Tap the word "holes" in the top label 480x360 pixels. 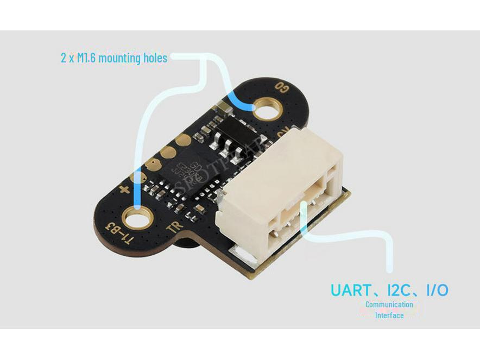coord(154,58)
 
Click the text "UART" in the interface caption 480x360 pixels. coord(350,290)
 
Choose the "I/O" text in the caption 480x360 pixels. coord(437,290)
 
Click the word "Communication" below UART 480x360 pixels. coord(389,305)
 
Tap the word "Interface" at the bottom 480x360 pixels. coord(389,315)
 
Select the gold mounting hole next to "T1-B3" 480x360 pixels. coord(137,219)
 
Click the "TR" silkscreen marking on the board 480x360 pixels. coord(173,228)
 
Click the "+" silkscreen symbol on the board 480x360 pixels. coord(124,190)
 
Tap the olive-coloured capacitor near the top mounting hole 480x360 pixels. coord(223,108)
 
